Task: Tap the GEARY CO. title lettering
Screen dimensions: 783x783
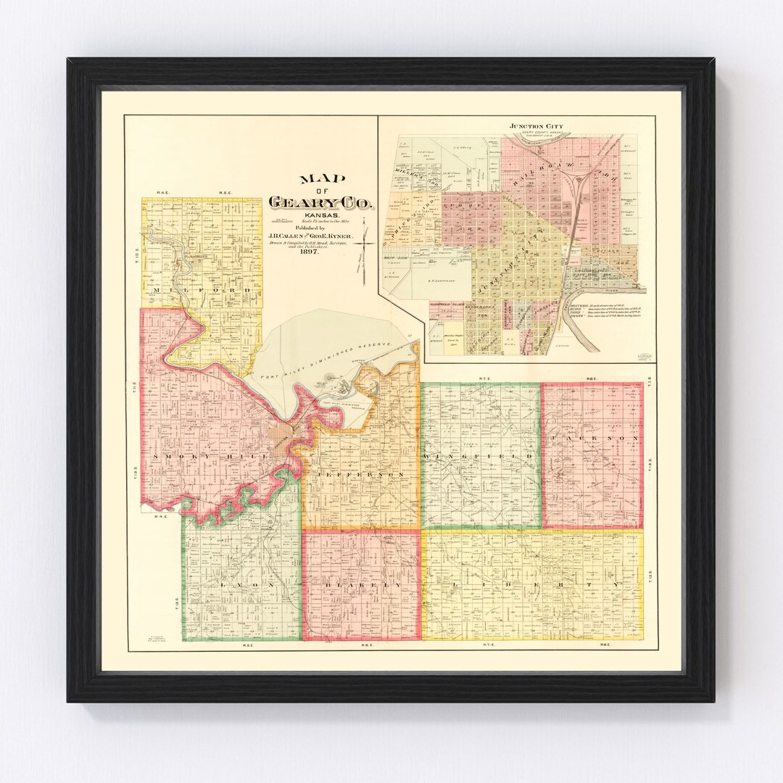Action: (321, 202)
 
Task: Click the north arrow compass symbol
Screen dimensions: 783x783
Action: (365, 244)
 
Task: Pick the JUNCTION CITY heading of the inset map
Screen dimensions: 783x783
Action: (536, 126)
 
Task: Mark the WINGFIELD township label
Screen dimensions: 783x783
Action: (479, 456)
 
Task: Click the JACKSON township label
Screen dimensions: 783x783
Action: (593, 439)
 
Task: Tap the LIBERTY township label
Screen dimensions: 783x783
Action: (533, 584)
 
